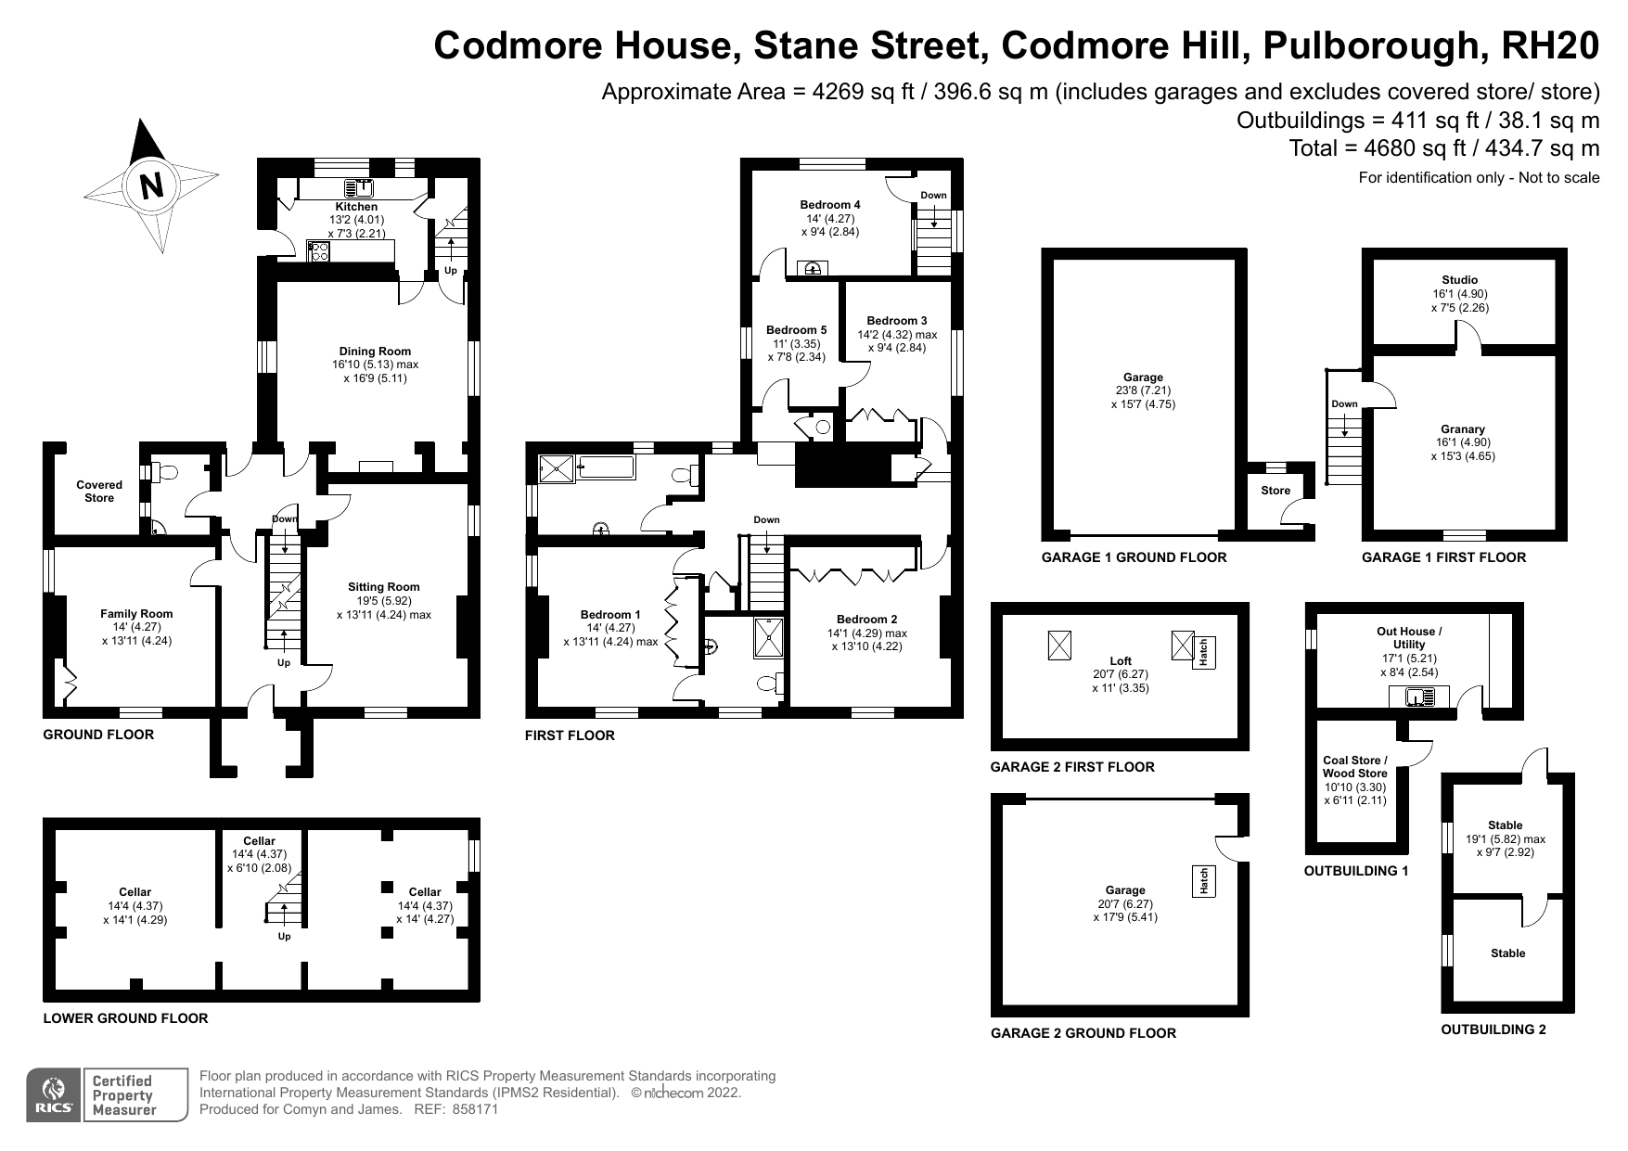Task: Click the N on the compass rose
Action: point(150,185)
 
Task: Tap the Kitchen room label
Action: point(356,207)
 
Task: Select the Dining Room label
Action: point(375,352)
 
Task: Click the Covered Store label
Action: point(99,492)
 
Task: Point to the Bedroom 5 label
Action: point(796,330)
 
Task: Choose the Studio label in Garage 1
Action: point(1460,280)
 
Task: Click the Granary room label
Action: point(1463,429)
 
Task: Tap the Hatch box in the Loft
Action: point(1202,652)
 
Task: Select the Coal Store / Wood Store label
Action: point(1355,767)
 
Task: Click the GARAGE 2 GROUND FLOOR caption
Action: point(1083,1033)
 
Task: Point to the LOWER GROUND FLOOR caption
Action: point(125,1018)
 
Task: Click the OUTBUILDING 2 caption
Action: point(1493,1030)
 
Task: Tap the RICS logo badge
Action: point(53,1095)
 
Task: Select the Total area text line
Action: point(1444,148)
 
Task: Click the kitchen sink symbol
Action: point(358,187)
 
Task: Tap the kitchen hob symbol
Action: point(319,250)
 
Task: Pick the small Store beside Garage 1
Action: point(1275,491)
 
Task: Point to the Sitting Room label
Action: point(384,587)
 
